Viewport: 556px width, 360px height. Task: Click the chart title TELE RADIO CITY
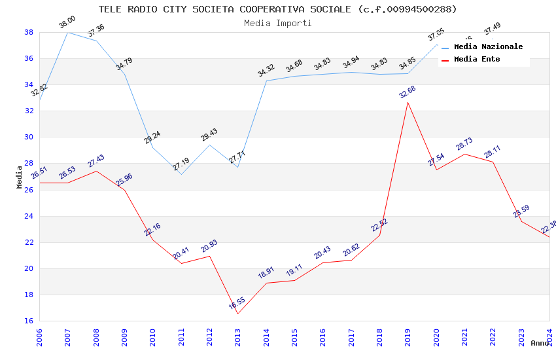pos(277,9)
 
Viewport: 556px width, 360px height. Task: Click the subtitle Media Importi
pos(277,23)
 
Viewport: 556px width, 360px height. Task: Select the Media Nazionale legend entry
pos(488,47)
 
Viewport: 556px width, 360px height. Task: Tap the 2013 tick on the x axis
pos(238,337)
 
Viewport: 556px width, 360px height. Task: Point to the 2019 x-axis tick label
pos(408,337)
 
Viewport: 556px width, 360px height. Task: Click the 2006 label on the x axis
pos(40,337)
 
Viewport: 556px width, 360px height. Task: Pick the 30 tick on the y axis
pos(29,137)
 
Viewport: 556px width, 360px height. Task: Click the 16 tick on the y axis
pos(29,321)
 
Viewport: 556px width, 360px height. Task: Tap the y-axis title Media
pos(20,177)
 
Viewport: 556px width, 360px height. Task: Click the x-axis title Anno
pos(540,343)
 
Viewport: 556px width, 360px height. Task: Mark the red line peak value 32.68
pos(408,92)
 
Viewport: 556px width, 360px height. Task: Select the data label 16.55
pos(237,303)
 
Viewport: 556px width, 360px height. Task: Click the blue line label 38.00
pos(67,22)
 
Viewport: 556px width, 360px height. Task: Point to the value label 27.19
pos(181,165)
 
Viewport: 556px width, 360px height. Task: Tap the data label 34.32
pos(266,71)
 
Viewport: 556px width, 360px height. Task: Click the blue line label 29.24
pos(152,137)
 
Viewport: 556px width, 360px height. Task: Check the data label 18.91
pos(266,273)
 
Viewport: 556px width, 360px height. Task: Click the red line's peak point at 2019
pos(408,102)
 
